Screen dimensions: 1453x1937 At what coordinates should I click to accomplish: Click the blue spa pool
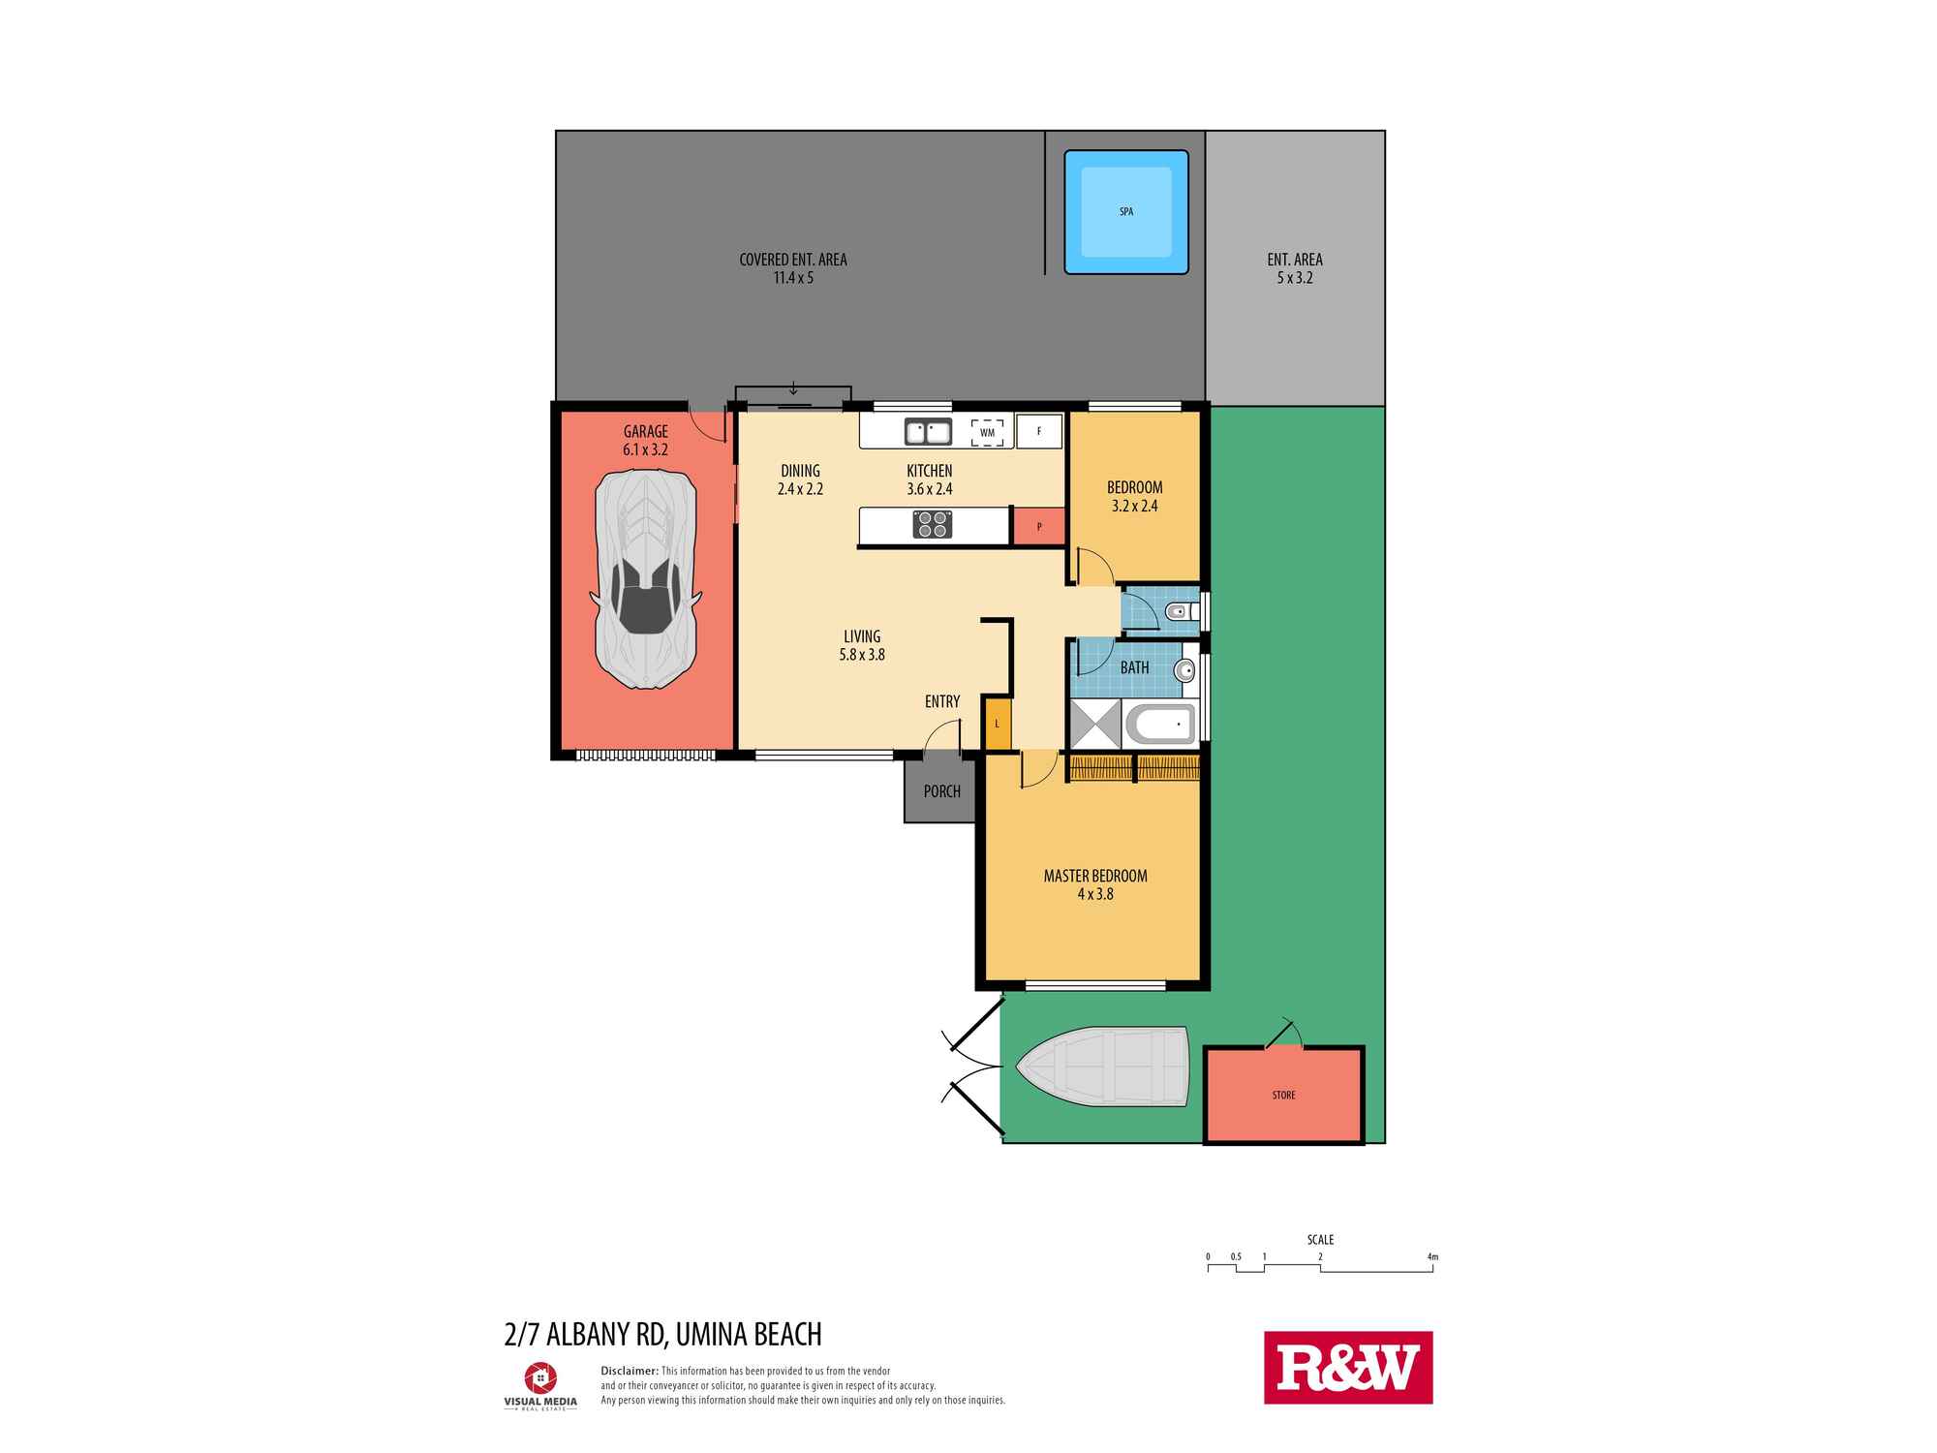click(1125, 212)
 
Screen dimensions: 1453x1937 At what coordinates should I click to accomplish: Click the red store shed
click(1283, 1095)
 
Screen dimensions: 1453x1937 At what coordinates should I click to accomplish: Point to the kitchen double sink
click(927, 431)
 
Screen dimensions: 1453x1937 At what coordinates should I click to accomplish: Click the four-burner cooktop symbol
click(933, 525)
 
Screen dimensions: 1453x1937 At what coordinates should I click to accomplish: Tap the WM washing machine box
click(987, 432)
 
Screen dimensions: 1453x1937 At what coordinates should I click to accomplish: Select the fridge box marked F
click(1039, 431)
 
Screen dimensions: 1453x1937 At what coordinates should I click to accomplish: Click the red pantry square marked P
click(1038, 527)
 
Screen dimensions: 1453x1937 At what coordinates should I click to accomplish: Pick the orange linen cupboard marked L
click(997, 724)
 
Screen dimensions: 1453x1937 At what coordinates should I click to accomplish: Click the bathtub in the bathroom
click(1160, 724)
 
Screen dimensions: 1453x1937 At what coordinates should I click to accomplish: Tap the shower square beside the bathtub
click(1096, 723)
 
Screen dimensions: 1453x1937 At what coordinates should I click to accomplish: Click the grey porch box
click(940, 791)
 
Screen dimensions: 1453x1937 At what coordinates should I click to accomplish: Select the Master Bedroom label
click(1095, 876)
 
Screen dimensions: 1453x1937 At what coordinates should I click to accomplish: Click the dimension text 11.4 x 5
click(792, 278)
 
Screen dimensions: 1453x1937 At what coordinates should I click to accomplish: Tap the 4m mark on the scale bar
click(1432, 1257)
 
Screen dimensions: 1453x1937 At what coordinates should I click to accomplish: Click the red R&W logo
click(1347, 1367)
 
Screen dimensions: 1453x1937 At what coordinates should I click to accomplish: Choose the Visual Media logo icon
click(539, 1376)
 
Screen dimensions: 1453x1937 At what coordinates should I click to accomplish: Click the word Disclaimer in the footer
click(630, 1371)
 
